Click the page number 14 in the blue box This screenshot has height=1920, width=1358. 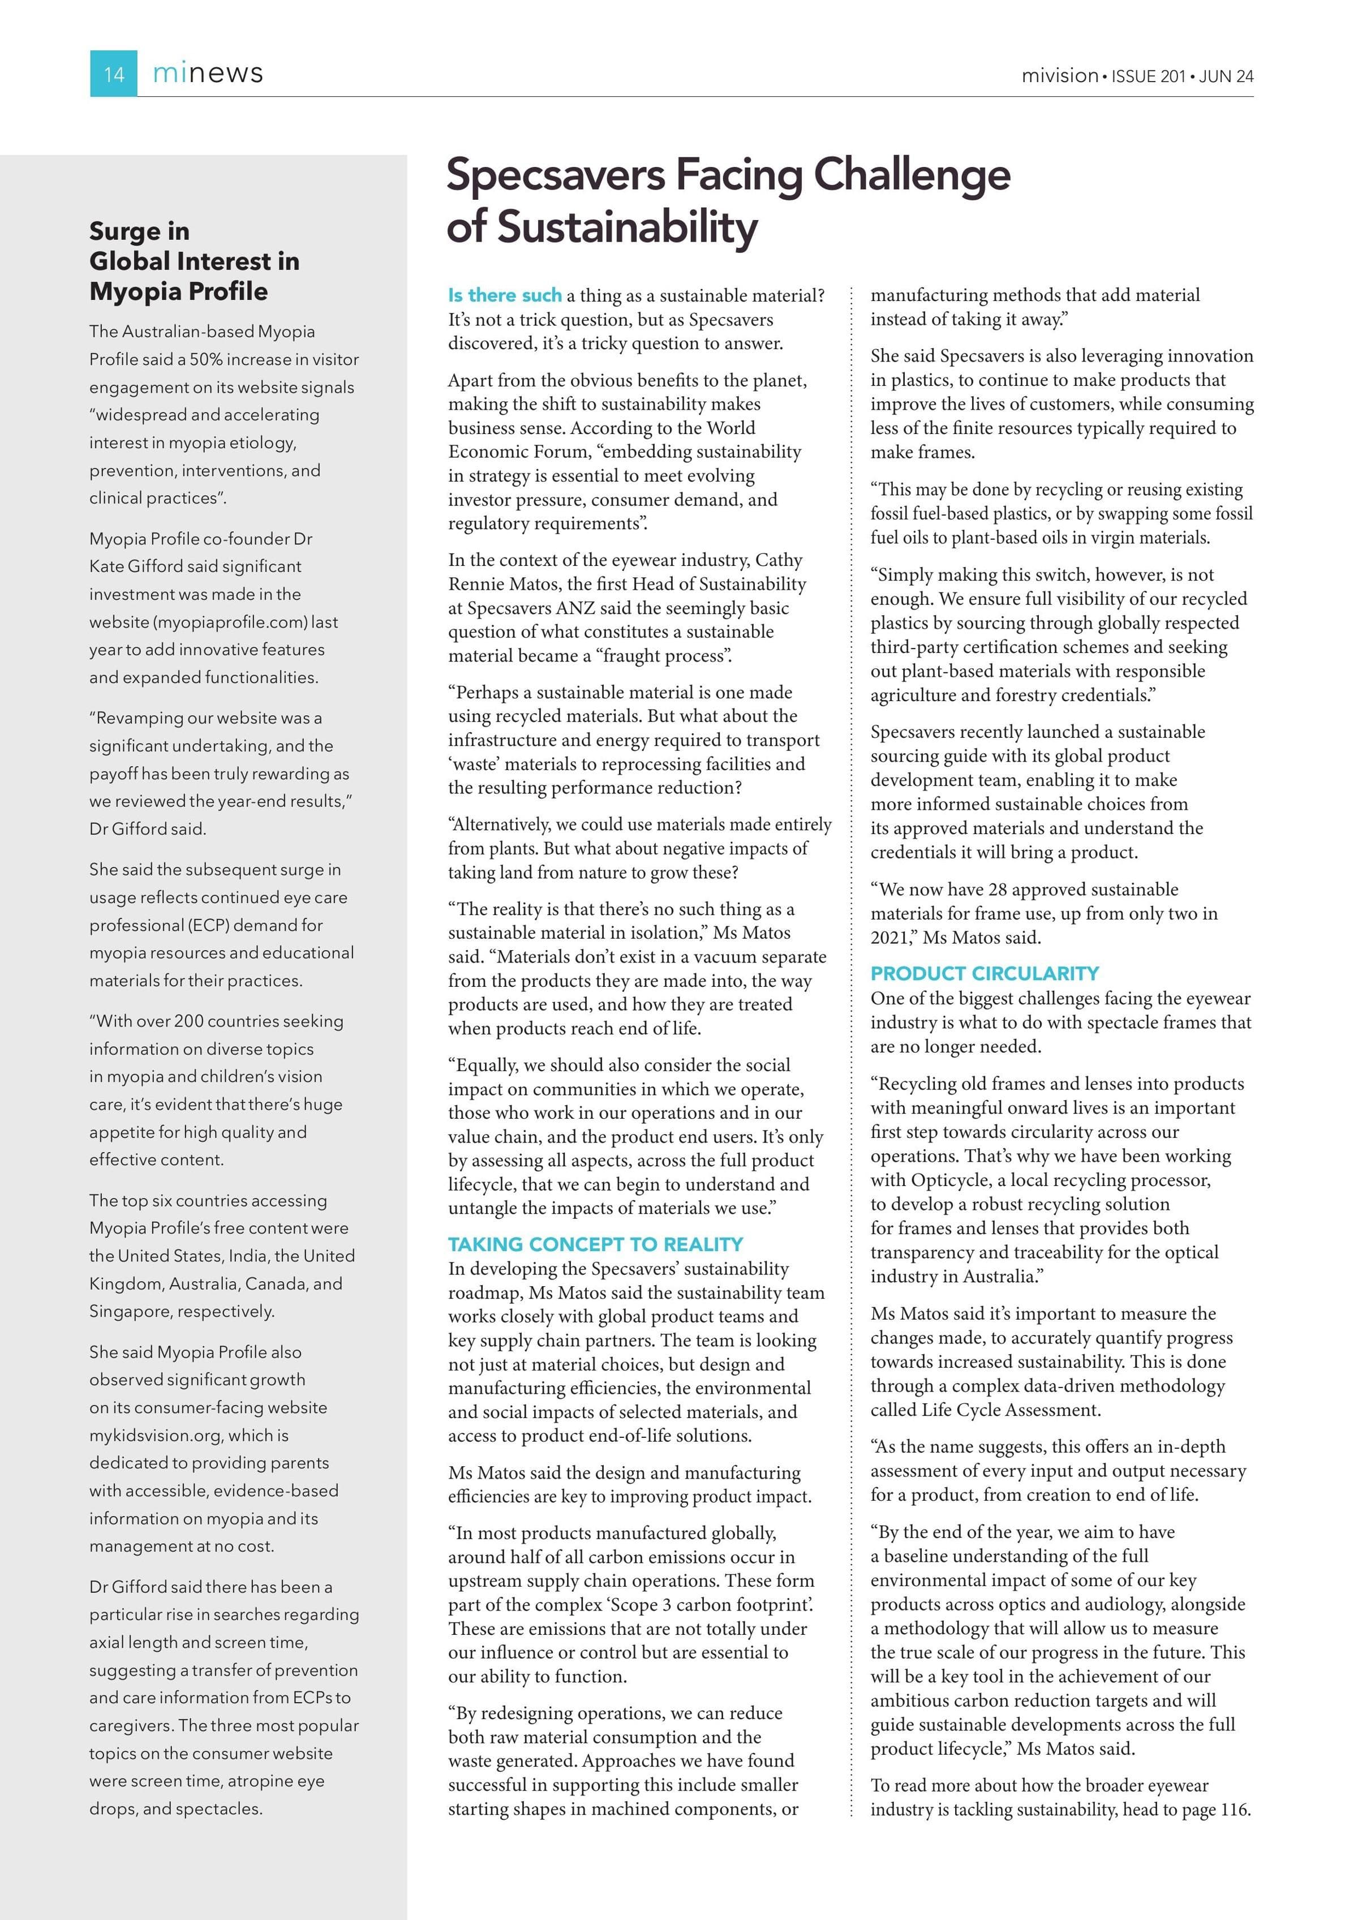pos(114,75)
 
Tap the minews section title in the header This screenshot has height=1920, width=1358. pos(208,74)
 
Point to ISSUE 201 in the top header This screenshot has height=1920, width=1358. pos(1148,76)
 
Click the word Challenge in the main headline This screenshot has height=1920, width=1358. pos(912,175)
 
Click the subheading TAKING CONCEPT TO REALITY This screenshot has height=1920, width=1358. pos(595,1244)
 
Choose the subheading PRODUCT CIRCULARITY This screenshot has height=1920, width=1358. pos(984,973)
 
